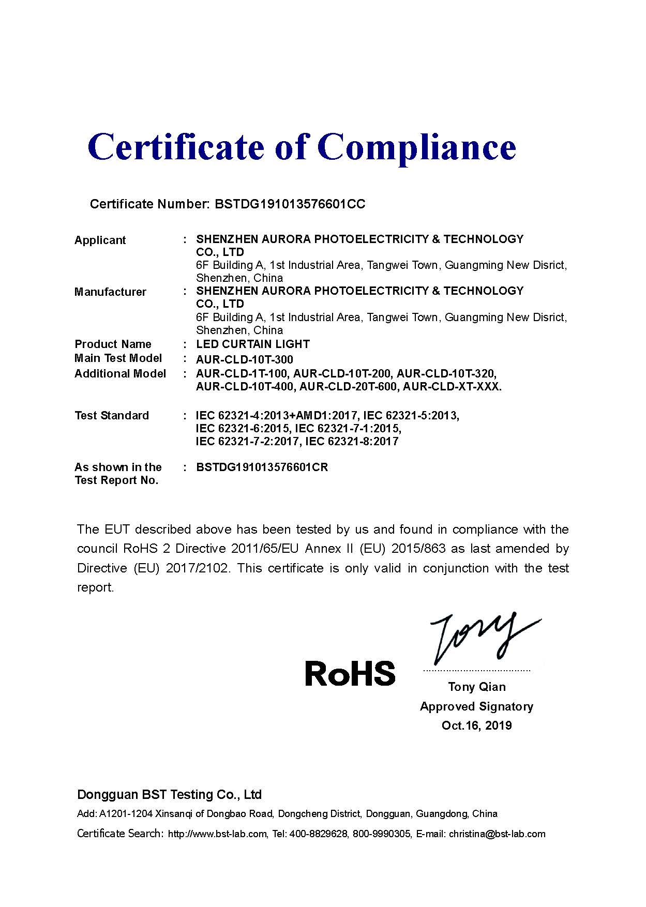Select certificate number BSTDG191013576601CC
tap(290, 204)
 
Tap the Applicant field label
tap(100, 240)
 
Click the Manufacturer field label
tap(110, 292)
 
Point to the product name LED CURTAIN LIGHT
tap(253, 344)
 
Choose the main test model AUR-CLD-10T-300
tap(245, 359)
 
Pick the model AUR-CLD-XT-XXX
tap(452, 387)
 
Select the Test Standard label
tap(112, 416)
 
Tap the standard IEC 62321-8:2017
tap(352, 442)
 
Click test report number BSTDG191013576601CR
tap(262, 467)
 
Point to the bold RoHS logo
tap(350, 673)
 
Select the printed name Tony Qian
tap(477, 687)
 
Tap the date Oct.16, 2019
tap(477, 725)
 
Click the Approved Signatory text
tap(477, 706)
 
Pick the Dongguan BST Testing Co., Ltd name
tap(170, 795)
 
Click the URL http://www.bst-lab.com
tap(218, 834)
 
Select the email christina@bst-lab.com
tap(497, 834)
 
